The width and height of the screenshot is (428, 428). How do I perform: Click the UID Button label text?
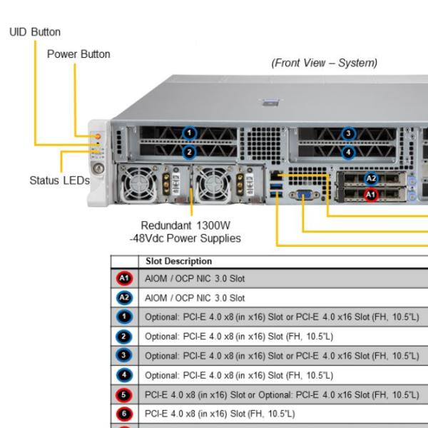coord(34,32)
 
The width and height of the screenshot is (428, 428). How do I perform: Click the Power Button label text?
coord(78,54)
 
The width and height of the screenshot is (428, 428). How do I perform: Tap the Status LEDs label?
coord(59,180)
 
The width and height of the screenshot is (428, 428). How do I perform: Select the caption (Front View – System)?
coord(324,63)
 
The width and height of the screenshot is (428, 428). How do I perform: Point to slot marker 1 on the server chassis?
coord(189,133)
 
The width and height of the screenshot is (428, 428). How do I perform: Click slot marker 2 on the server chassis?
coord(189,152)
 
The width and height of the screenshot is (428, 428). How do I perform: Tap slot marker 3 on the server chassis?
coord(348,133)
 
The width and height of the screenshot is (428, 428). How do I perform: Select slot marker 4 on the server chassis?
coord(348,152)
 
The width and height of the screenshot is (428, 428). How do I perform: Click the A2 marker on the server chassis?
coord(370,179)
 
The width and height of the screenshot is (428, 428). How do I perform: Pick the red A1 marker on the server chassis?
coord(370,194)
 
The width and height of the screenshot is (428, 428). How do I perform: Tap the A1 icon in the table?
coord(123,278)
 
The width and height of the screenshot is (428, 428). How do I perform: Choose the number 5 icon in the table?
coord(123,394)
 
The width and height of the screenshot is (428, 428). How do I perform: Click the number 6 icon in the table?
coord(123,414)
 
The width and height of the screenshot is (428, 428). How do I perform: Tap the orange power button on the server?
coord(97,135)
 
